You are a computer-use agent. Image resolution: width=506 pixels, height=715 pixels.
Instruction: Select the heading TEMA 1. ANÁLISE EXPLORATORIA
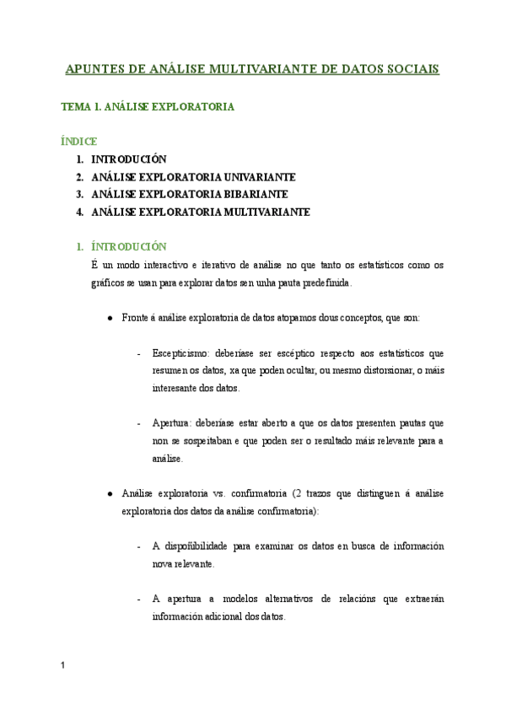[148, 107]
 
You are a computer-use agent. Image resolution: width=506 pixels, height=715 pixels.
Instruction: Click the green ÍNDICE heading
[80, 141]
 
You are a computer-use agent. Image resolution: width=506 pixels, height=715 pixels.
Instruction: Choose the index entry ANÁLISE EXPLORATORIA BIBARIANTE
[184, 194]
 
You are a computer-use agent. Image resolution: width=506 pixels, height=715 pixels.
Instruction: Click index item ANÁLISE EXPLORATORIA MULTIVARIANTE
[201, 212]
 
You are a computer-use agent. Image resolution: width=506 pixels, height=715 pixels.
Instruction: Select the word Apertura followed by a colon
[173, 423]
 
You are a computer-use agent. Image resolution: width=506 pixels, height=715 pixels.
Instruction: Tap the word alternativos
[279, 599]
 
